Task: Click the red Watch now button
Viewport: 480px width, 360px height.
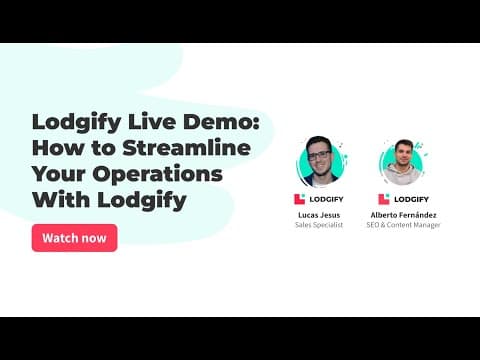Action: [x=74, y=238]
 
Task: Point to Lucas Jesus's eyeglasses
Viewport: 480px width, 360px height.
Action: [x=319, y=154]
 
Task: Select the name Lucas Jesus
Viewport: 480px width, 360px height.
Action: [x=320, y=214]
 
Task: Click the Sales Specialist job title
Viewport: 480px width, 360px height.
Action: [x=320, y=225]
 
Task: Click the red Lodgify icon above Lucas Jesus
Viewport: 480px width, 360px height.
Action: [x=300, y=199]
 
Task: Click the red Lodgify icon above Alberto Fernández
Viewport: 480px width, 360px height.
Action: [x=384, y=199]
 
